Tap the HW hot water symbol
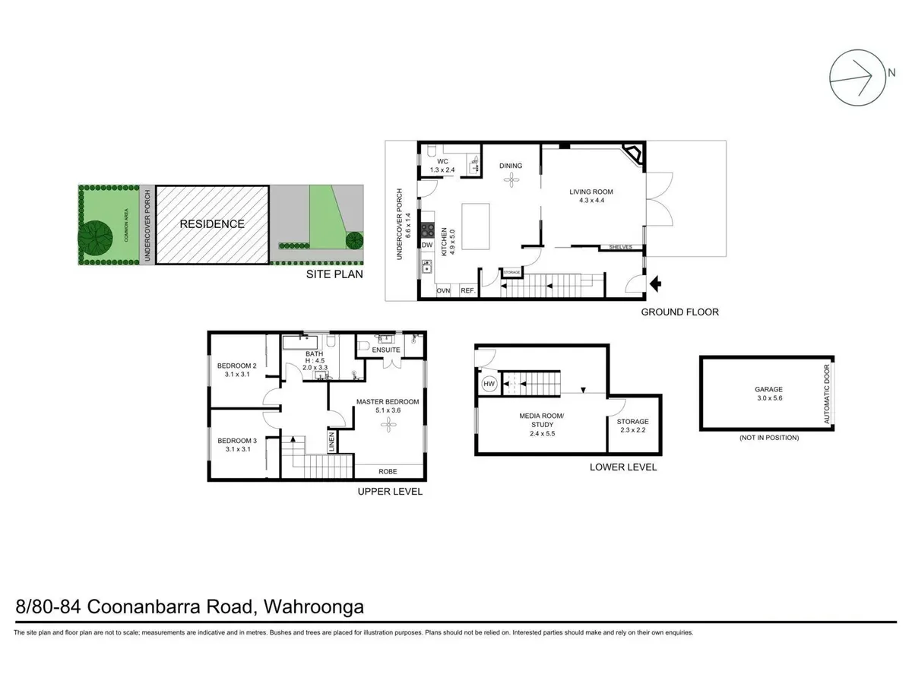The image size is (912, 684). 489,385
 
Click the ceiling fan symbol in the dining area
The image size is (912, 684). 511,179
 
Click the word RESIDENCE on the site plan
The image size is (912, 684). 212,224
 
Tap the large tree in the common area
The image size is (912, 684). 97,237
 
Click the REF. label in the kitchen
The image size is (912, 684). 467,291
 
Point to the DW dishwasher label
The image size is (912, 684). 427,245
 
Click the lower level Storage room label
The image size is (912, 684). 633,421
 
